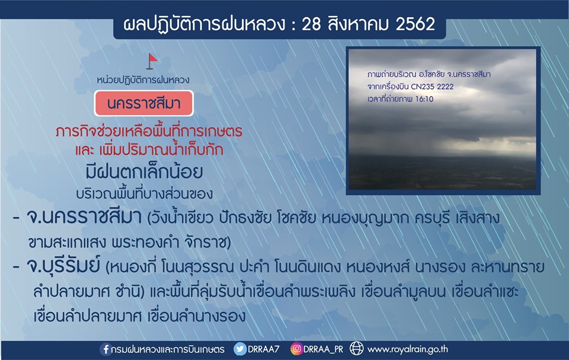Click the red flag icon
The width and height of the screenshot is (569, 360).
click(x=152, y=62)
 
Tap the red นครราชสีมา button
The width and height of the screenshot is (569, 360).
click(x=143, y=104)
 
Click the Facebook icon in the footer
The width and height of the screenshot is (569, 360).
click(x=106, y=349)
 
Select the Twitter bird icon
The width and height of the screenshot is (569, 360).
click(x=240, y=349)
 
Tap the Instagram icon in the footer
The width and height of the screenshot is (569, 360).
click(x=296, y=349)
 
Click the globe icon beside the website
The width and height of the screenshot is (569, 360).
click(x=356, y=349)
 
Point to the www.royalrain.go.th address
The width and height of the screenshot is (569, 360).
click(x=408, y=349)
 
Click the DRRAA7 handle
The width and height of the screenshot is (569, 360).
click(x=263, y=349)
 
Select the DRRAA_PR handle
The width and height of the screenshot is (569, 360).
click(x=323, y=349)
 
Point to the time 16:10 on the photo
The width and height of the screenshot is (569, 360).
click(x=424, y=99)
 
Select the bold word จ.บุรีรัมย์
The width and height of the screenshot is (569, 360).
click(x=63, y=266)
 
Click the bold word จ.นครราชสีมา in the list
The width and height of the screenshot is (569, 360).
click(x=84, y=218)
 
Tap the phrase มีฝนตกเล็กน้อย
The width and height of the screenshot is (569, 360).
click(x=144, y=172)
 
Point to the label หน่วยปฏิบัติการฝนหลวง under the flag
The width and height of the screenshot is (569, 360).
click(x=143, y=79)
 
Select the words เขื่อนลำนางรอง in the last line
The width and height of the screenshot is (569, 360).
click(x=196, y=316)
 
